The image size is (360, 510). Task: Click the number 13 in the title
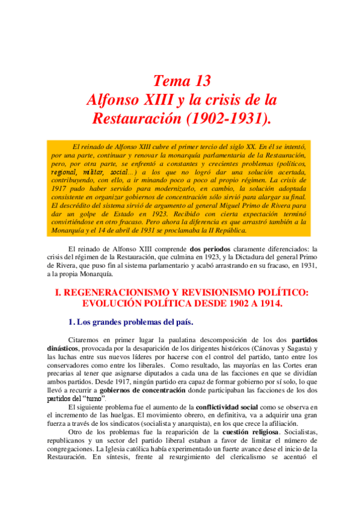(200, 81)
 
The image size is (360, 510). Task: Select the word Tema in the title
(169, 81)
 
